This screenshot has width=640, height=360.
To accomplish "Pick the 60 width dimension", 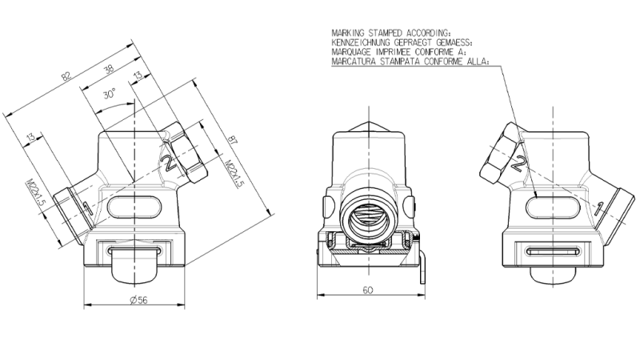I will point(369,291).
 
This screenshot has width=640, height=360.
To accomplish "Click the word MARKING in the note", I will point(346,33).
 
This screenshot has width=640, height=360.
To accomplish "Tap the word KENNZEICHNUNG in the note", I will point(359,41).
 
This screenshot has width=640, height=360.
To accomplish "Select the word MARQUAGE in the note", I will point(349,49).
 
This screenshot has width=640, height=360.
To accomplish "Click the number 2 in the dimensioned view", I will point(169,164).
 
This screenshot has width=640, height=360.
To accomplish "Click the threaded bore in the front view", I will point(368,215).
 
